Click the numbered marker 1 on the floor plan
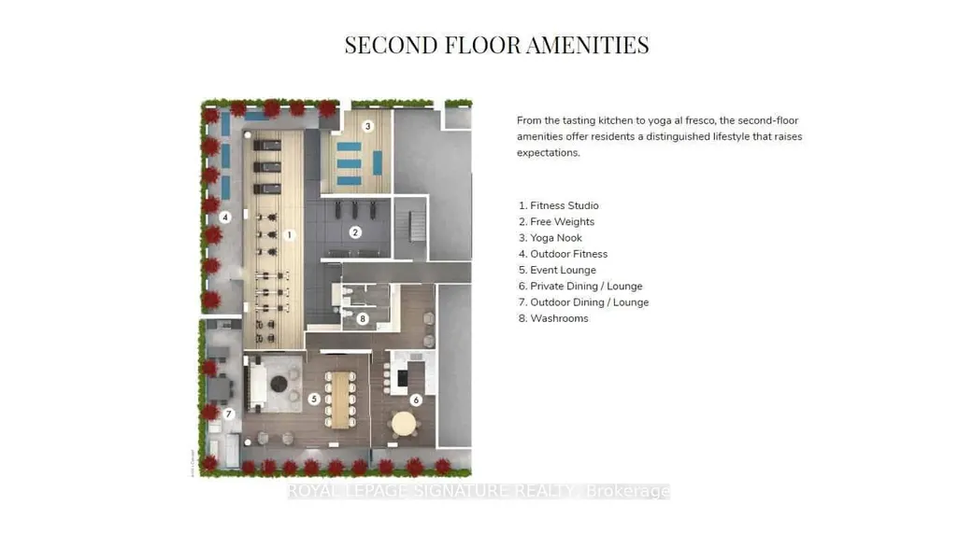290,234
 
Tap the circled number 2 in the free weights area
355,232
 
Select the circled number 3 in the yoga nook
367,126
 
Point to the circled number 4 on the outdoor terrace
225,217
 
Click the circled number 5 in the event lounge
314,399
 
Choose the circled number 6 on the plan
416,400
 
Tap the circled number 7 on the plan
228,414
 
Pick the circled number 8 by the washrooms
363,318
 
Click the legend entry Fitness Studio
565,205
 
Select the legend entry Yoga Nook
556,238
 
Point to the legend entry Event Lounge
563,270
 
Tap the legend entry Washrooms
559,318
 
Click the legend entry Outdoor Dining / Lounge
590,302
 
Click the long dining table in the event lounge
340,400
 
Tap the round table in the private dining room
403,423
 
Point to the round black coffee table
279,384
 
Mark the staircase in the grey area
417,227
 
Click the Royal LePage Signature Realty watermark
479,491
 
